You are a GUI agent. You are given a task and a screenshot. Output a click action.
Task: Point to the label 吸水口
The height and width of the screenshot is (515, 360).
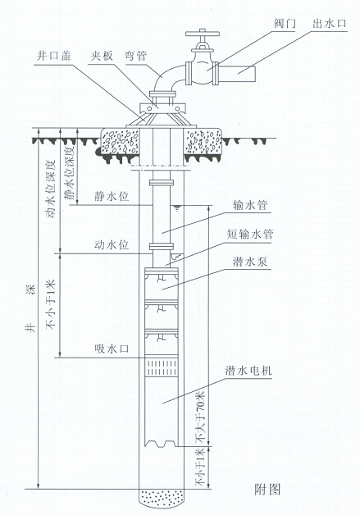coord(109,350)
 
